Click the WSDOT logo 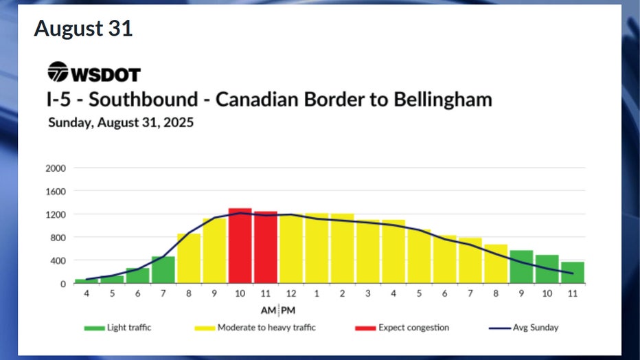click(93, 72)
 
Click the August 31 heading click(83, 29)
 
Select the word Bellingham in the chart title click(443, 99)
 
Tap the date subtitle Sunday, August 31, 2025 click(120, 124)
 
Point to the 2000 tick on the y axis click(56, 168)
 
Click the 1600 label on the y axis click(56, 192)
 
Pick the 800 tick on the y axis click(58, 238)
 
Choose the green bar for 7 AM click(163, 269)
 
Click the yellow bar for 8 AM click(189, 258)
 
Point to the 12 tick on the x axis click(291, 293)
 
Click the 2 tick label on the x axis click(342, 293)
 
